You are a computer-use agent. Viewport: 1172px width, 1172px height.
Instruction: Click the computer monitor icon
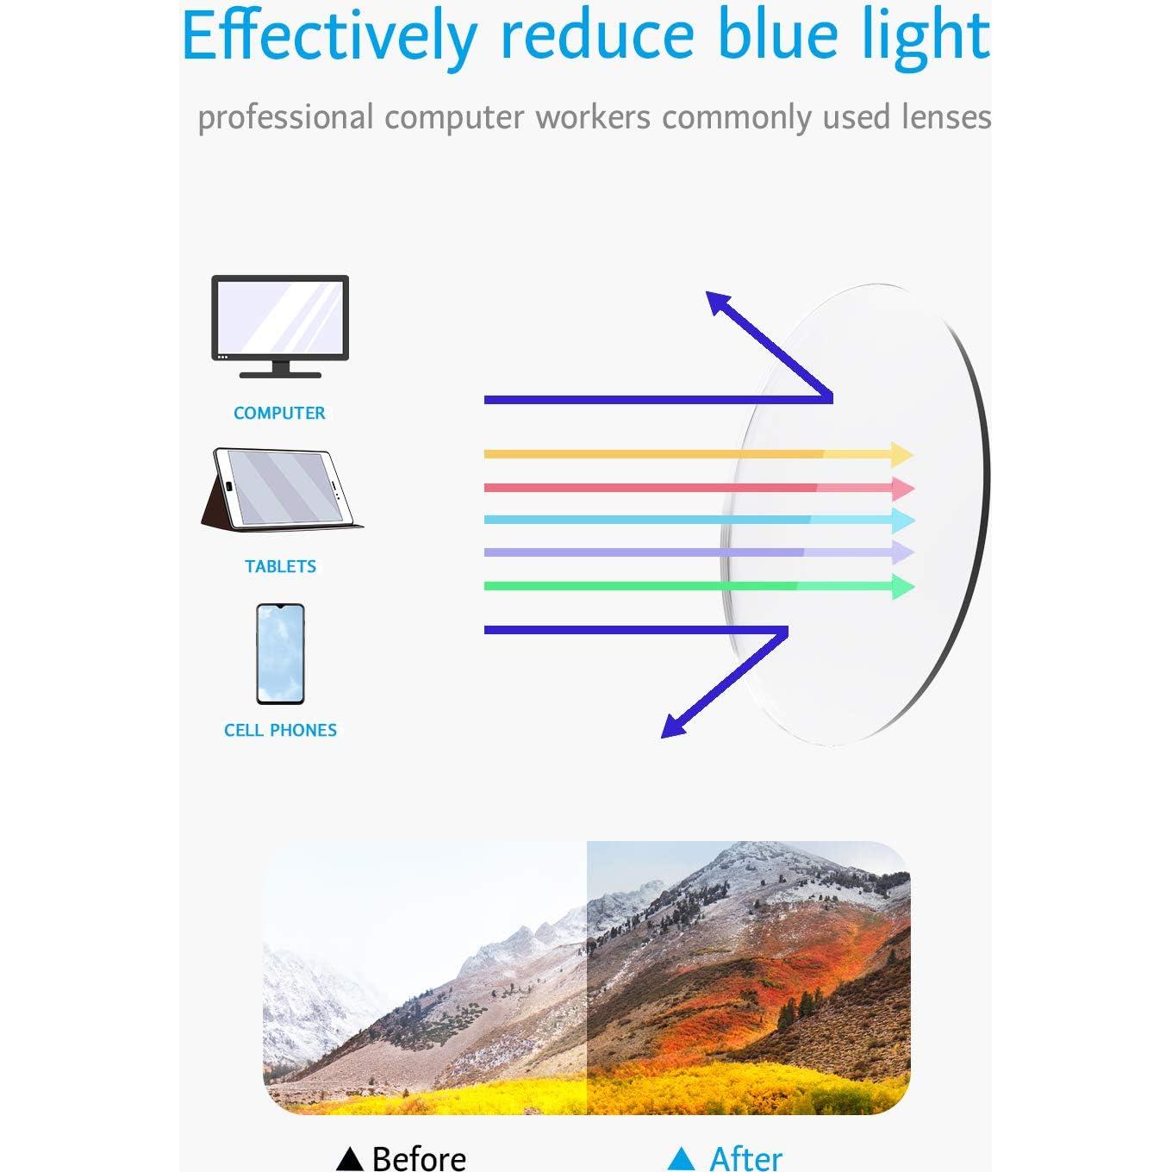pyautogui.click(x=280, y=326)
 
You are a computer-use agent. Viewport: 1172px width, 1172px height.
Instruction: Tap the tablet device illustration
pyautogui.click(x=282, y=489)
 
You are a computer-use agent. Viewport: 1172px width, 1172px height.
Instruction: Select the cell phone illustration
pyautogui.click(x=280, y=654)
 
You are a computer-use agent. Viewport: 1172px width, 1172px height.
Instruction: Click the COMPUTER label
pyautogui.click(x=280, y=413)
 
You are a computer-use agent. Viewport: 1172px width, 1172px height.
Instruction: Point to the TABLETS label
pyautogui.click(x=280, y=566)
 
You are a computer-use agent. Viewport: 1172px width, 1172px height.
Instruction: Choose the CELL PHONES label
pyautogui.click(x=280, y=730)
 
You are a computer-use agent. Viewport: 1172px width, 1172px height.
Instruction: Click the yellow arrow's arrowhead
pyautogui.click(x=902, y=454)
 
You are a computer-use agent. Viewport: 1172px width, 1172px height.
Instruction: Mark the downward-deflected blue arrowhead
pyautogui.click(x=675, y=725)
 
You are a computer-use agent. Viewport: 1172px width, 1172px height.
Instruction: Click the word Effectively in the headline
pyautogui.click(x=329, y=39)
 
